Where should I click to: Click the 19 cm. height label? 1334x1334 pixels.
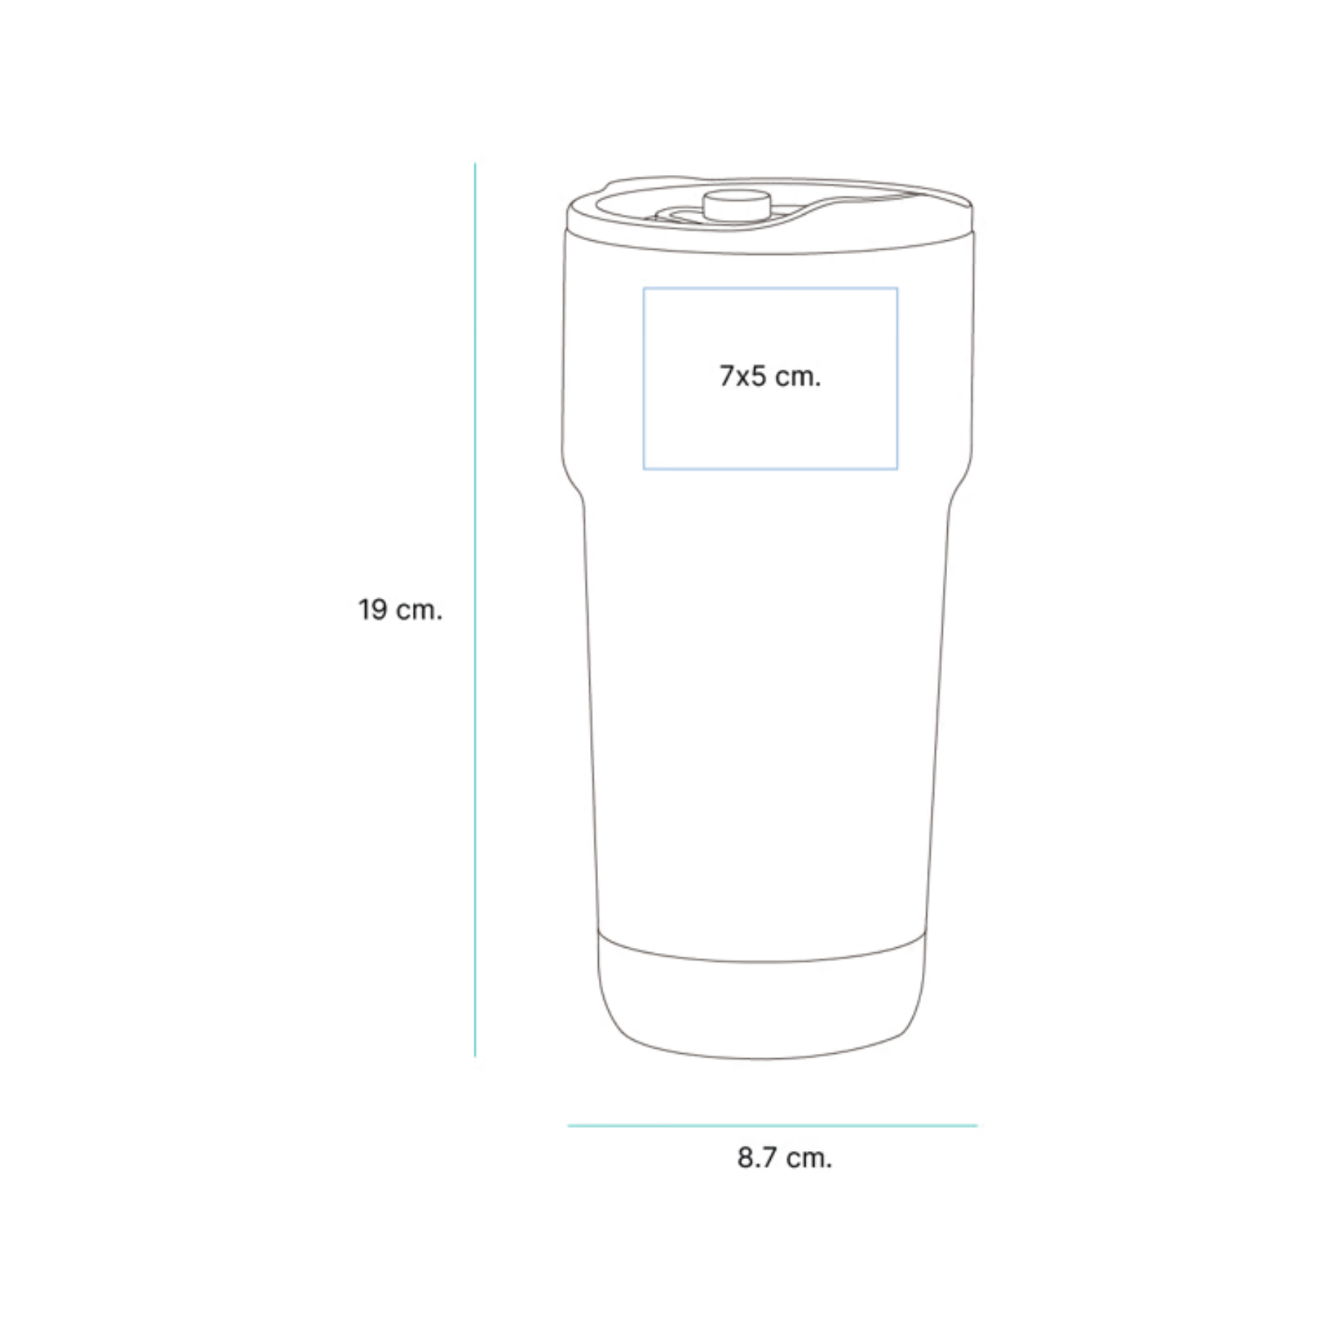400,610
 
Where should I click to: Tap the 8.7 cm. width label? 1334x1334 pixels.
785,1158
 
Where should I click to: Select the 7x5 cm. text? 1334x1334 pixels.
770,376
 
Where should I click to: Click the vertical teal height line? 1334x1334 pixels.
475,609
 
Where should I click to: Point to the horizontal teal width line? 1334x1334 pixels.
772,1126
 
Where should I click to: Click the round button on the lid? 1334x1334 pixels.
736,205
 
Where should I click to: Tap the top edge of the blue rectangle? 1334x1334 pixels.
770,288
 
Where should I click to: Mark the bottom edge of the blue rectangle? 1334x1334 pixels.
770,469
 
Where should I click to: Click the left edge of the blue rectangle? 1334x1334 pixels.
643,379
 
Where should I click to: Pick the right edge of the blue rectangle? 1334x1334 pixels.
897,379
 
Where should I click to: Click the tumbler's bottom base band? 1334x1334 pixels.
762,1001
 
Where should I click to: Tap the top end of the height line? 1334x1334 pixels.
475,163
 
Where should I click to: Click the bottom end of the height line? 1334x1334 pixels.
475,1056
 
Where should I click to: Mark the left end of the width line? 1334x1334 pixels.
568,1126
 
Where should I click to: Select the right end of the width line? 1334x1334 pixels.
977,1126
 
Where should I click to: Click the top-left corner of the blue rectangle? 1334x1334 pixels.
643,288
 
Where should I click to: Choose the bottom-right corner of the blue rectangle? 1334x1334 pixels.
897,469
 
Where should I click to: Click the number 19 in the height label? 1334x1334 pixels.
373,610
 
